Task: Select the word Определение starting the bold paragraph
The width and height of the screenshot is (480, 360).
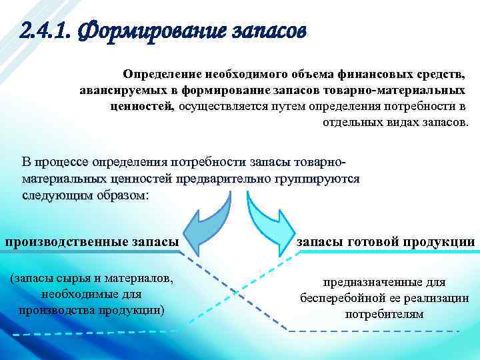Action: pos(155,72)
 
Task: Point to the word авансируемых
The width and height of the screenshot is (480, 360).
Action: pos(121,89)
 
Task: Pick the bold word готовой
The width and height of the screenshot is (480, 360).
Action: pos(381,242)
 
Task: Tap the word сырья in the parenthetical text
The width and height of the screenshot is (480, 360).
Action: pos(68,277)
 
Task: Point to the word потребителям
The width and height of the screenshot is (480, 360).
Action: pos(384,314)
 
